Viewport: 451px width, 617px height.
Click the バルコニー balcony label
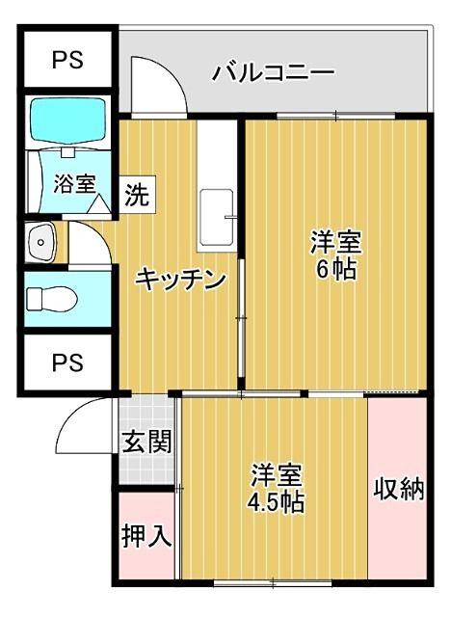[x=273, y=72]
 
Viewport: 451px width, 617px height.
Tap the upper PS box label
[x=66, y=59]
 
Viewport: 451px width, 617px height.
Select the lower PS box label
[x=66, y=362]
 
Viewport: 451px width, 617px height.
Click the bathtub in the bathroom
[x=70, y=121]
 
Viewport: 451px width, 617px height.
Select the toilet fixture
[x=49, y=302]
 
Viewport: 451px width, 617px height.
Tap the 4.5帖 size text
[x=276, y=502]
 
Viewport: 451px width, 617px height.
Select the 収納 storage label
[x=398, y=489]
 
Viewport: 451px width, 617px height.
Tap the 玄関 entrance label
[x=146, y=443]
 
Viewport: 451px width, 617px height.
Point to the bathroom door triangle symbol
[x=99, y=204]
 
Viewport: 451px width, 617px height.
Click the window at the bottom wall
[x=274, y=580]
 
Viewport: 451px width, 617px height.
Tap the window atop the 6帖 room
[x=334, y=117]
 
